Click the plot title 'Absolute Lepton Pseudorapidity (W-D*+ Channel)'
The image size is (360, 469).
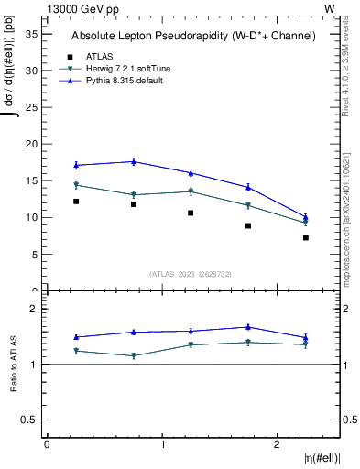click(x=193, y=36)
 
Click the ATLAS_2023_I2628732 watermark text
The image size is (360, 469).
click(x=191, y=274)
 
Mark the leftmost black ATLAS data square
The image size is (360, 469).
click(x=76, y=202)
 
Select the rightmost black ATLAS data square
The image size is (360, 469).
click(x=306, y=237)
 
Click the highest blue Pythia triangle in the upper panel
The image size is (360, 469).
click(x=134, y=161)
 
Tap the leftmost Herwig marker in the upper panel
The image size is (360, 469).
click(x=76, y=185)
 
